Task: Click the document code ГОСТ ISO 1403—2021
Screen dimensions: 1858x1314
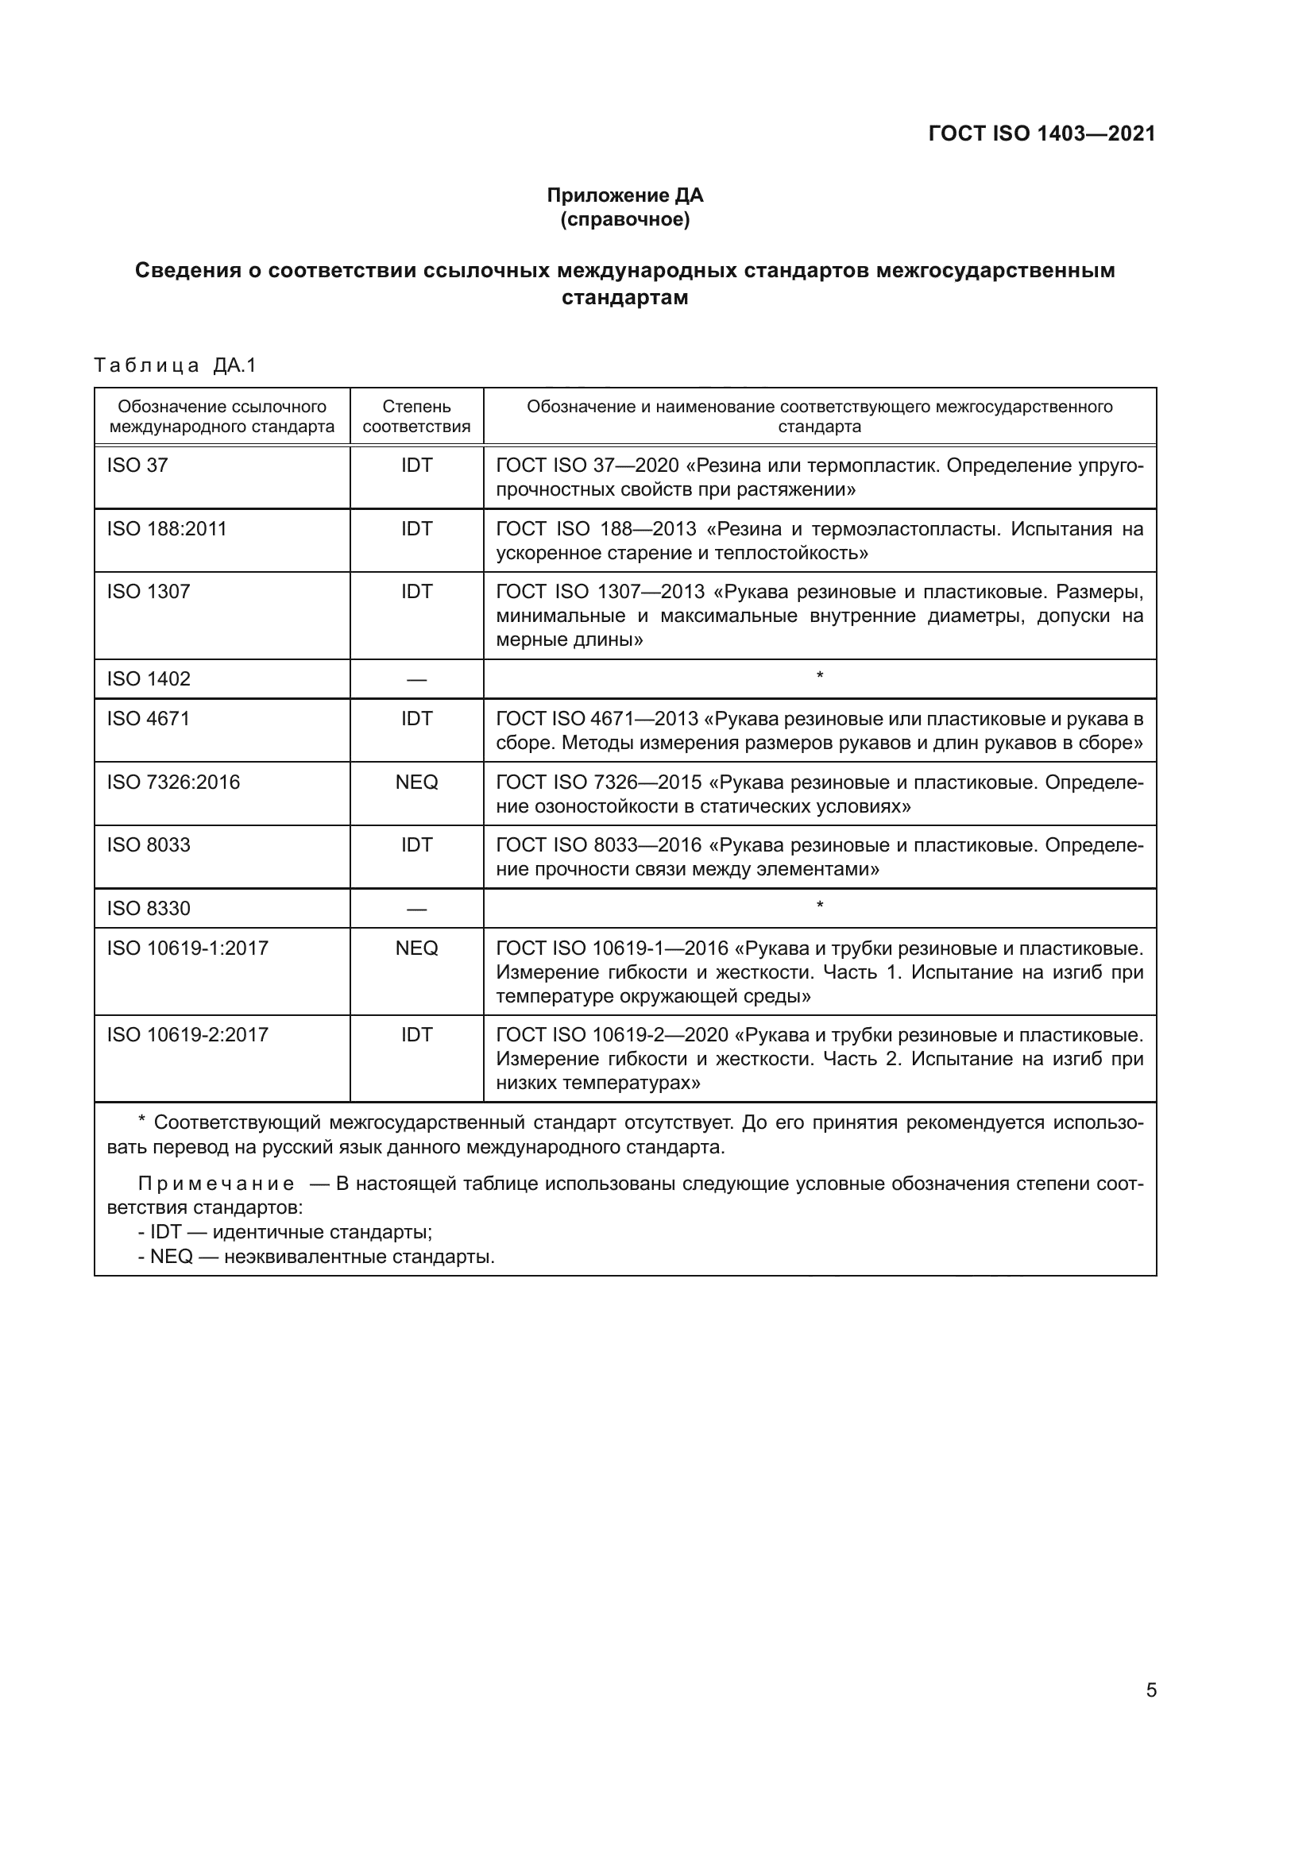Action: pyautogui.click(x=1042, y=133)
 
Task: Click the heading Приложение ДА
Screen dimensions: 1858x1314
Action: pyautogui.click(x=624, y=195)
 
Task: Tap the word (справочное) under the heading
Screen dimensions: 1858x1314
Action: pyautogui.click(x=624, y=219)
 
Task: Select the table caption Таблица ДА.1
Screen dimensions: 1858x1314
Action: pyautogui.click(x=175, y=365)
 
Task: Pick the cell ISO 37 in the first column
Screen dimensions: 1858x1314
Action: pyautogui.click(x=137, y=465)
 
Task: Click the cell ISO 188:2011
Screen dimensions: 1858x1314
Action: pyautogui.click(x=167, y=528)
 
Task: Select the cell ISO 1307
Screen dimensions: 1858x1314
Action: pyautogui.click(x=148, y=592)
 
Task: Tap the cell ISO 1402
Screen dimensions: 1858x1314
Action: pyautogui.click(x=148, y=679)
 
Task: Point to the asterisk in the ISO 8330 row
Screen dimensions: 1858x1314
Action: pyautogui.click(x=820, y=906)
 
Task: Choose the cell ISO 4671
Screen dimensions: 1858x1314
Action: pyautogui.click(x=148, y=719)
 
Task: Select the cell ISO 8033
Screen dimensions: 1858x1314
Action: pyautogui.click(x=148, y=845)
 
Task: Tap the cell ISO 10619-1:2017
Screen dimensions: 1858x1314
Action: pyautogui.click(x=187, y=948)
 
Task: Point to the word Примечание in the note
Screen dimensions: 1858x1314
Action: pyautogui.click(x=215, y=1184)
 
